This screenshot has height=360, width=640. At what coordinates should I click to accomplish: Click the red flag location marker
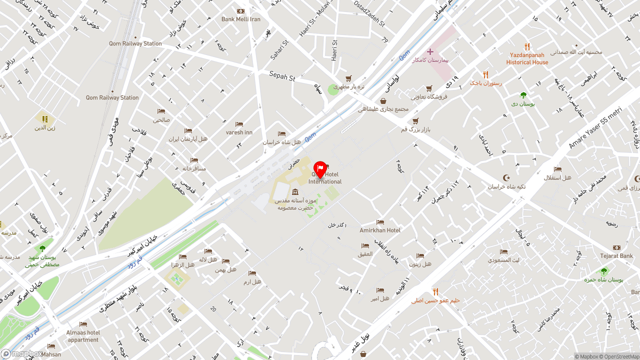320,169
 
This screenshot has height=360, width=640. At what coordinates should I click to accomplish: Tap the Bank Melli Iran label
241,19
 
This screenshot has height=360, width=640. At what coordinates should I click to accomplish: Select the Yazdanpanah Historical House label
527,59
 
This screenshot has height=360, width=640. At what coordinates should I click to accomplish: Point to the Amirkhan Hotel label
380,230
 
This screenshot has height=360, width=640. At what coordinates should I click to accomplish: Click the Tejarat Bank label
616,256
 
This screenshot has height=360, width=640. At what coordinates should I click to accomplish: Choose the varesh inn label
239,132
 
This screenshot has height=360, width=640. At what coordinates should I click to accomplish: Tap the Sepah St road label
282,76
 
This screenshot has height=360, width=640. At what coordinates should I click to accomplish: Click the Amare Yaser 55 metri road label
594,128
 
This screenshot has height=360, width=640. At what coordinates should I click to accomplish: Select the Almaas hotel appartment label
83,336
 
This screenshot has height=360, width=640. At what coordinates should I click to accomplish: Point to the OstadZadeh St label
369,13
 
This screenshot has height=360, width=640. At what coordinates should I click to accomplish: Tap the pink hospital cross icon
430,51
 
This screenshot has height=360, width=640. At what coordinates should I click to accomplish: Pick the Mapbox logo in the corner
21,354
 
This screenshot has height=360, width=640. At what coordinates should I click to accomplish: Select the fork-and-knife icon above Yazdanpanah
527,46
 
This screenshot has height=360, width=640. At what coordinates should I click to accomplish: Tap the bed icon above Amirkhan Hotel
380,222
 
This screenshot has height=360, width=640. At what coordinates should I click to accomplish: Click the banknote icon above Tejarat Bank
616,247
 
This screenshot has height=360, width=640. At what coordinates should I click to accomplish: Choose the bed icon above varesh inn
239,124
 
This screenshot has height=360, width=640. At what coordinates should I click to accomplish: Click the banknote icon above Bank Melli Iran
240,11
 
